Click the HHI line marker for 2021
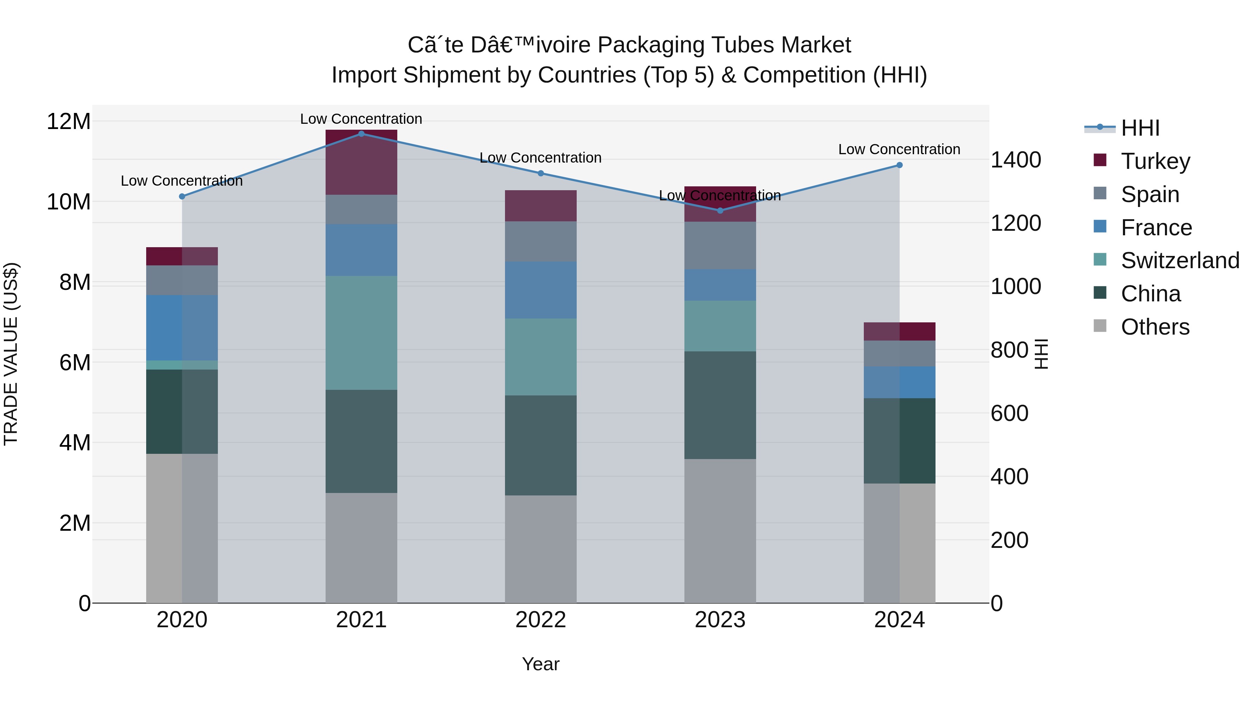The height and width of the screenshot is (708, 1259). click(x=361, y=134)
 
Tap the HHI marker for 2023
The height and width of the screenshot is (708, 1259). click(x=720, y=210)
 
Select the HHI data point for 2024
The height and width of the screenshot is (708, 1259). click(x=899, y=165)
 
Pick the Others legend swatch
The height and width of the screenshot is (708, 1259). click(x=1100, y=326)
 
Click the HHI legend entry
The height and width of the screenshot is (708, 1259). click(x=1140, y=128)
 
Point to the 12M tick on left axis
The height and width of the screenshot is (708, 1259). click(x=69, y=121)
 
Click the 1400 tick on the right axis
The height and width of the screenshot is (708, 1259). click(x=1016, y=160)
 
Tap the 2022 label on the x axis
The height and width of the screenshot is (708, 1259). click(x=541, y=620)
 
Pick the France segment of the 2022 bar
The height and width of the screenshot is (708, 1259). click(x=541, y=290)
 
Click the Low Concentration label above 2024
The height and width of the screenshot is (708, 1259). click(x=899, y=149)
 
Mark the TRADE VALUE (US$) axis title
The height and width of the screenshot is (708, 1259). click(x=11, y=354)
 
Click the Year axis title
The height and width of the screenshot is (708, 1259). click(x=541, y=664)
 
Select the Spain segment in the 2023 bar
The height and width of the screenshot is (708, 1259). click(x=720, y=245)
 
